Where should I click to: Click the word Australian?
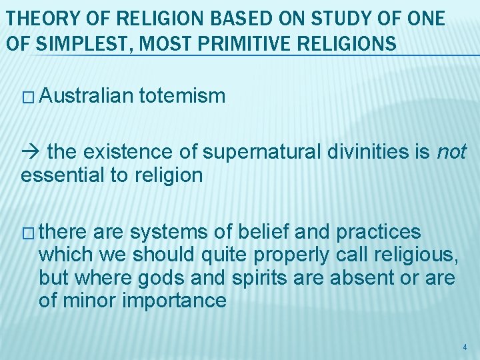[x=87, y=97]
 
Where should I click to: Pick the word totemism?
[x=183, y=97]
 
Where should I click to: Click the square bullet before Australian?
[x=27, y=97]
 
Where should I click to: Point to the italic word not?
[x=451, y=153]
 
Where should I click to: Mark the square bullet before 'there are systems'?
[x=27, y=233]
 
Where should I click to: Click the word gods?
[x=199, y=277]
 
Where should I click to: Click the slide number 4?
[x=465, y=347]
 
